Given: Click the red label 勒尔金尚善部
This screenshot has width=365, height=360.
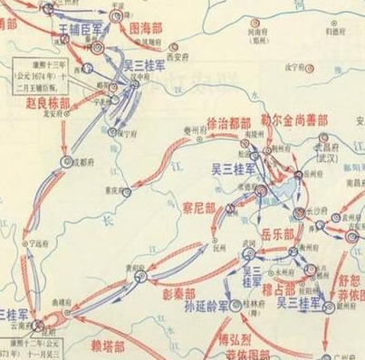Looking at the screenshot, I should coord(294,119).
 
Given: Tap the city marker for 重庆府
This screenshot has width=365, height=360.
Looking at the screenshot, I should coord(126,193).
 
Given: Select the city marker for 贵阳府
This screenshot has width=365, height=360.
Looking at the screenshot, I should coord(140,276).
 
